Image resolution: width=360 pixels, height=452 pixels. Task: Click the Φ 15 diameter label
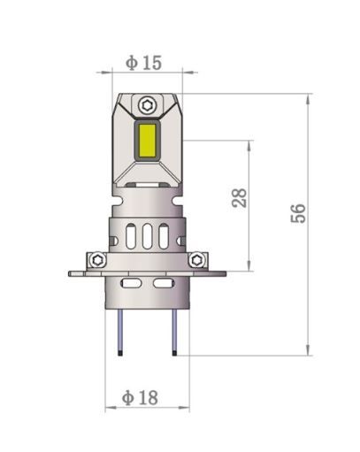(143, 63)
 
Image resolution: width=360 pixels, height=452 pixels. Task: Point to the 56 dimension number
(298, 212)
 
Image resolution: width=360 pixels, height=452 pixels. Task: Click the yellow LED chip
(147, 141)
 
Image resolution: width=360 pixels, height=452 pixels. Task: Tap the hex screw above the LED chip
(147, 104)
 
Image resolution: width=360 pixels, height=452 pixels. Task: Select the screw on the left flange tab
(96, 259)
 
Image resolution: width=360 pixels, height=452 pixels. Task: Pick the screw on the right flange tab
(197, 259)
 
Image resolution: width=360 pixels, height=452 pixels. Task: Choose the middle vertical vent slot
(147, 238)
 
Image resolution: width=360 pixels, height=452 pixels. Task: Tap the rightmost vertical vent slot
(163, 238)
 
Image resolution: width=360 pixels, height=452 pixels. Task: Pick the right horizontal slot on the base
(162, 283)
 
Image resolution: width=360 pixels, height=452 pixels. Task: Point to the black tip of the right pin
(173, 352)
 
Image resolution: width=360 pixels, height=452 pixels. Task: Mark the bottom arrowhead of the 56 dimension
(307, 349)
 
